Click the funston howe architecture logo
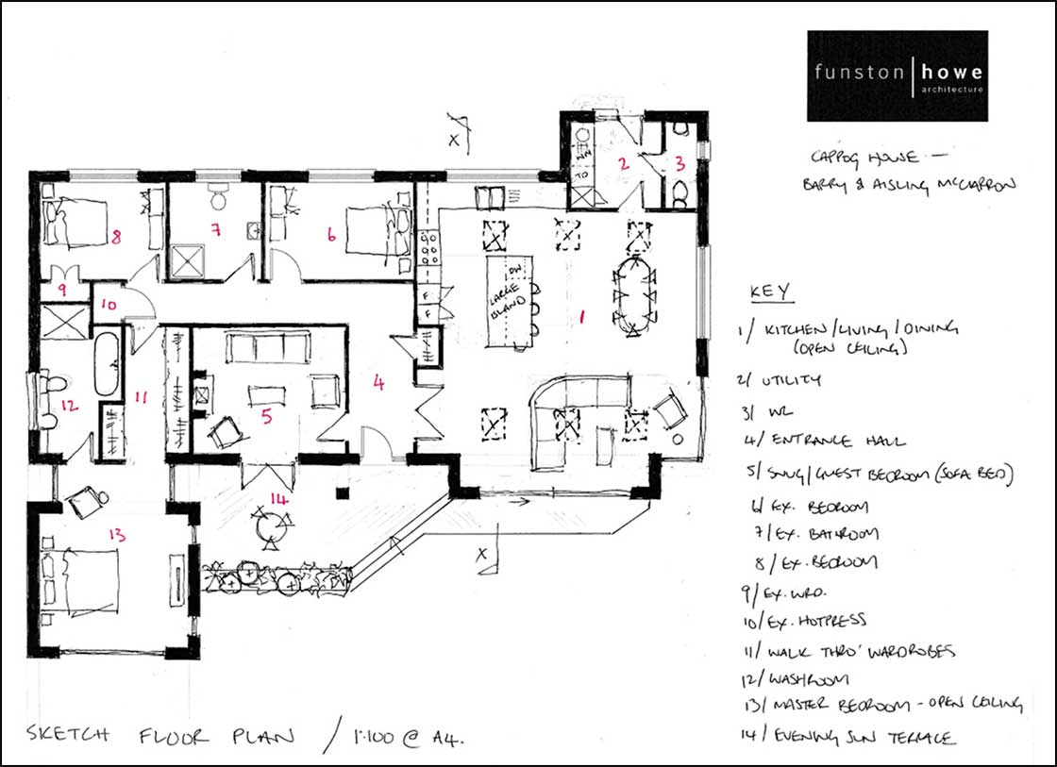tap(897, 75)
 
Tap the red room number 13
tap(117, 535)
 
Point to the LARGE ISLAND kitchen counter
tap(510, 302)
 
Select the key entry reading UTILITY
tap(781, 380)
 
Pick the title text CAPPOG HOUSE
tap(854, 157)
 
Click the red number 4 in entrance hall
tap(378, 384)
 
